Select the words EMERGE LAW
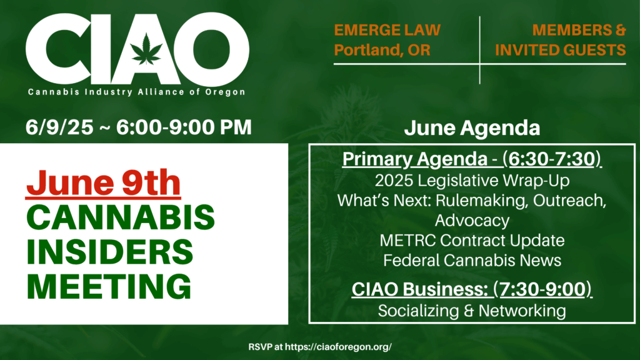coord(387,30)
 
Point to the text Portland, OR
coord(382,50)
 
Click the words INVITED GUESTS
coord(561,50)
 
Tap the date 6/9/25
coord(59,127)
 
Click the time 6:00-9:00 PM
coord(184,127)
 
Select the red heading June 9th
coord(103,183)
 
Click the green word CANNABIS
coord(121,217)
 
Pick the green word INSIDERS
coord(110,252)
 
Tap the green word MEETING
coord(109,286)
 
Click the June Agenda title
coord(472,127)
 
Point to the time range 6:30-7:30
coord(552,159)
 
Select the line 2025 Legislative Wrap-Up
coord(472,181)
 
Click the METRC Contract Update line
coord(472,241)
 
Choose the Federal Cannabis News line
coord(472,261)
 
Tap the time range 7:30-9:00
coord(542,289)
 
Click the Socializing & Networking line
coord(472,311)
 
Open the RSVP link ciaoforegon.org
coord(338,347)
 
